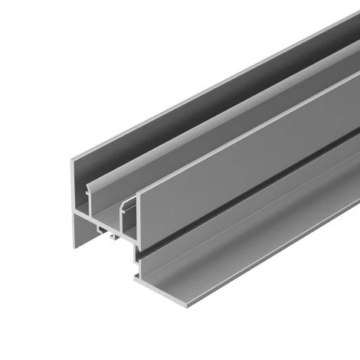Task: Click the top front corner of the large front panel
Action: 139,191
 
